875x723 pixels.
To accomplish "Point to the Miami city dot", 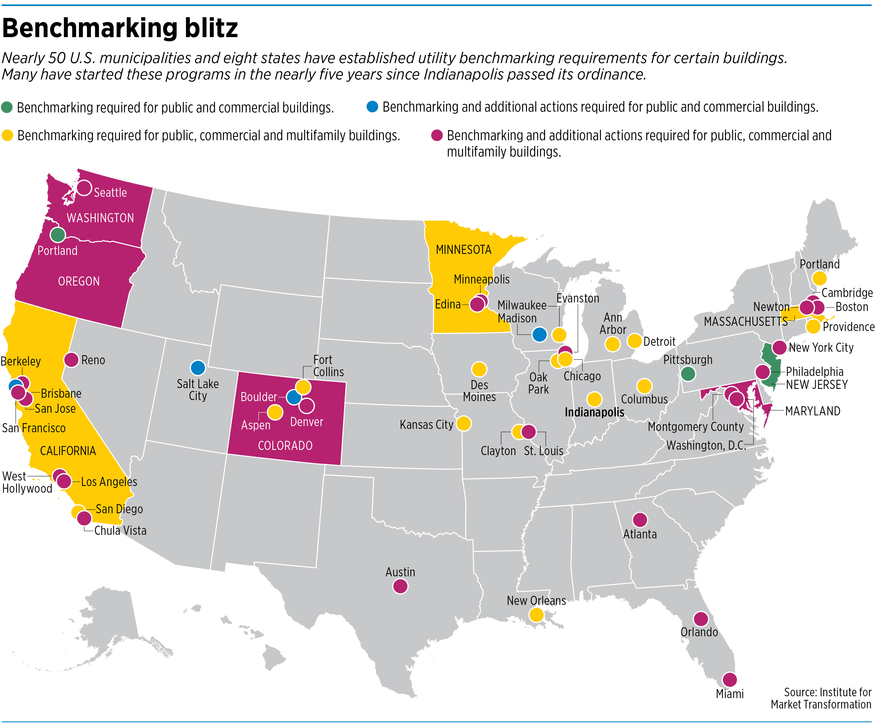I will [x=729, y=679].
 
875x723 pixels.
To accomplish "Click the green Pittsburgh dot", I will [x=688, y=374].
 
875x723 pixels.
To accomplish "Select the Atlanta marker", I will [x=640, y=519].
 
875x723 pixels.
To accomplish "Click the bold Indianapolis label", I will [x=594, y=412].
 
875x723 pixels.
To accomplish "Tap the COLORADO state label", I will [x=285, y=446].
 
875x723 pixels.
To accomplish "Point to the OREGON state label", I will [x=79, y=281].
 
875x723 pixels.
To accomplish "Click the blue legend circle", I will [x=372, y=107].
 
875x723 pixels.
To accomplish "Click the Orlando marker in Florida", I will [x=700, y=618].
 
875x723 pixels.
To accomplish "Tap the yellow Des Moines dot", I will [x=479, y=369].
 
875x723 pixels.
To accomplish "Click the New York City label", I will [x=821, y=347].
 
